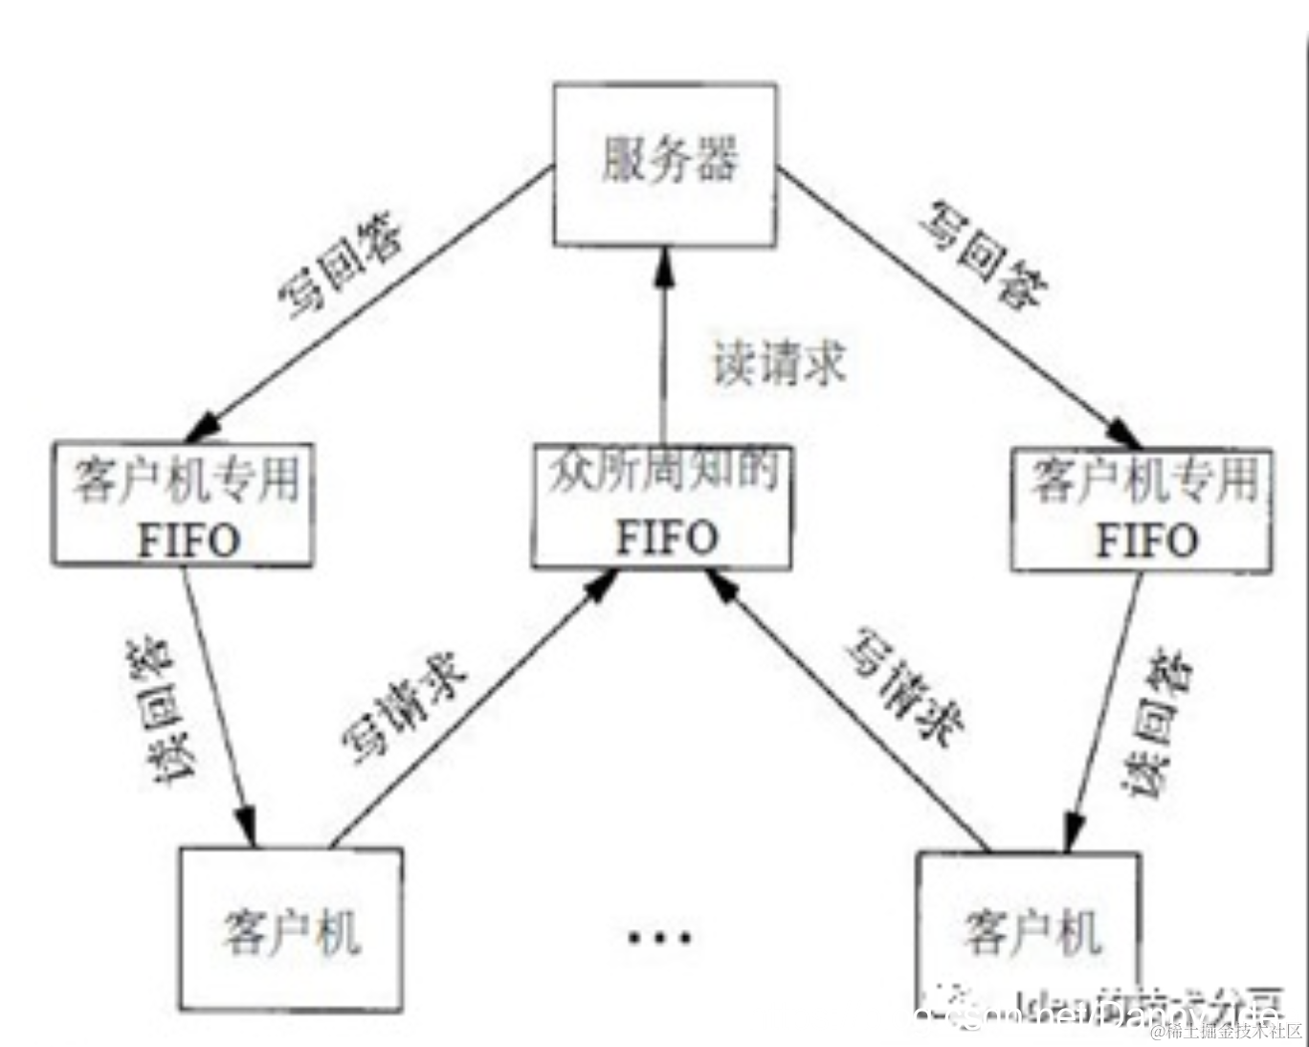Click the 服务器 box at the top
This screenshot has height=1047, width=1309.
[x=664, y=164]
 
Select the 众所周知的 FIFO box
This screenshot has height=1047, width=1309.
[x=661, y=507]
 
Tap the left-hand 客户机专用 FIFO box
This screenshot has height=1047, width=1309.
[x=182, y=505]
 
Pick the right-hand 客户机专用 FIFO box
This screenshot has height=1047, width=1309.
[x=1142, y=509]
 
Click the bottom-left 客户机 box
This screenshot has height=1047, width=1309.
[x=291, y=928]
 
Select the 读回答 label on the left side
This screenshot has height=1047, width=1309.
[x=154, y=712]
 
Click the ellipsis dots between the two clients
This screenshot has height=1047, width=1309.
[x=659, y=936]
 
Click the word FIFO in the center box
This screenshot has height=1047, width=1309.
[x=666, y=537]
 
